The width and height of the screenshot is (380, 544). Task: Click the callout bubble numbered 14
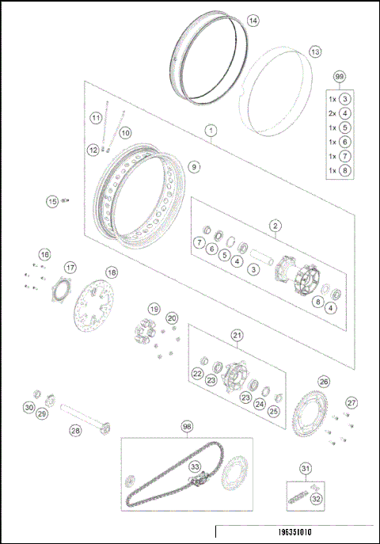click(253, 21)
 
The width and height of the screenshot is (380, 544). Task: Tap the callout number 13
click(315, 51)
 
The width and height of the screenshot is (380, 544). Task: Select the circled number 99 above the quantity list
click(340, 76)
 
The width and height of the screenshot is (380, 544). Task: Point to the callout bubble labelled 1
click(211, 128)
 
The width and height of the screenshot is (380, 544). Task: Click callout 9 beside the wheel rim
click(194, 167)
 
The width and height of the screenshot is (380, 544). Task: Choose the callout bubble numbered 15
click(52, 201)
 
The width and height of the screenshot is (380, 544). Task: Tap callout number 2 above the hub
click(275, 226)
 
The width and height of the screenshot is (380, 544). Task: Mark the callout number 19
click(154, 309)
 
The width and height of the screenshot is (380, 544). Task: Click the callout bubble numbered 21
click(237, 336)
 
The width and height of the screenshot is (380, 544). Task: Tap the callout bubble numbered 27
click(351, 402)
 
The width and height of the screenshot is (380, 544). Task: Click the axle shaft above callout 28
click(83, 416)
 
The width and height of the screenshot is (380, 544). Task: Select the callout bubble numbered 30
click(28, 408)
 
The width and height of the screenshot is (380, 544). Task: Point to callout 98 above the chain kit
click(187, 426)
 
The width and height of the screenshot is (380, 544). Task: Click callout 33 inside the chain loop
click(195, 466)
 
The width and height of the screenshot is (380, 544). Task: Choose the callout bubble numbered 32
click(316, 499)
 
